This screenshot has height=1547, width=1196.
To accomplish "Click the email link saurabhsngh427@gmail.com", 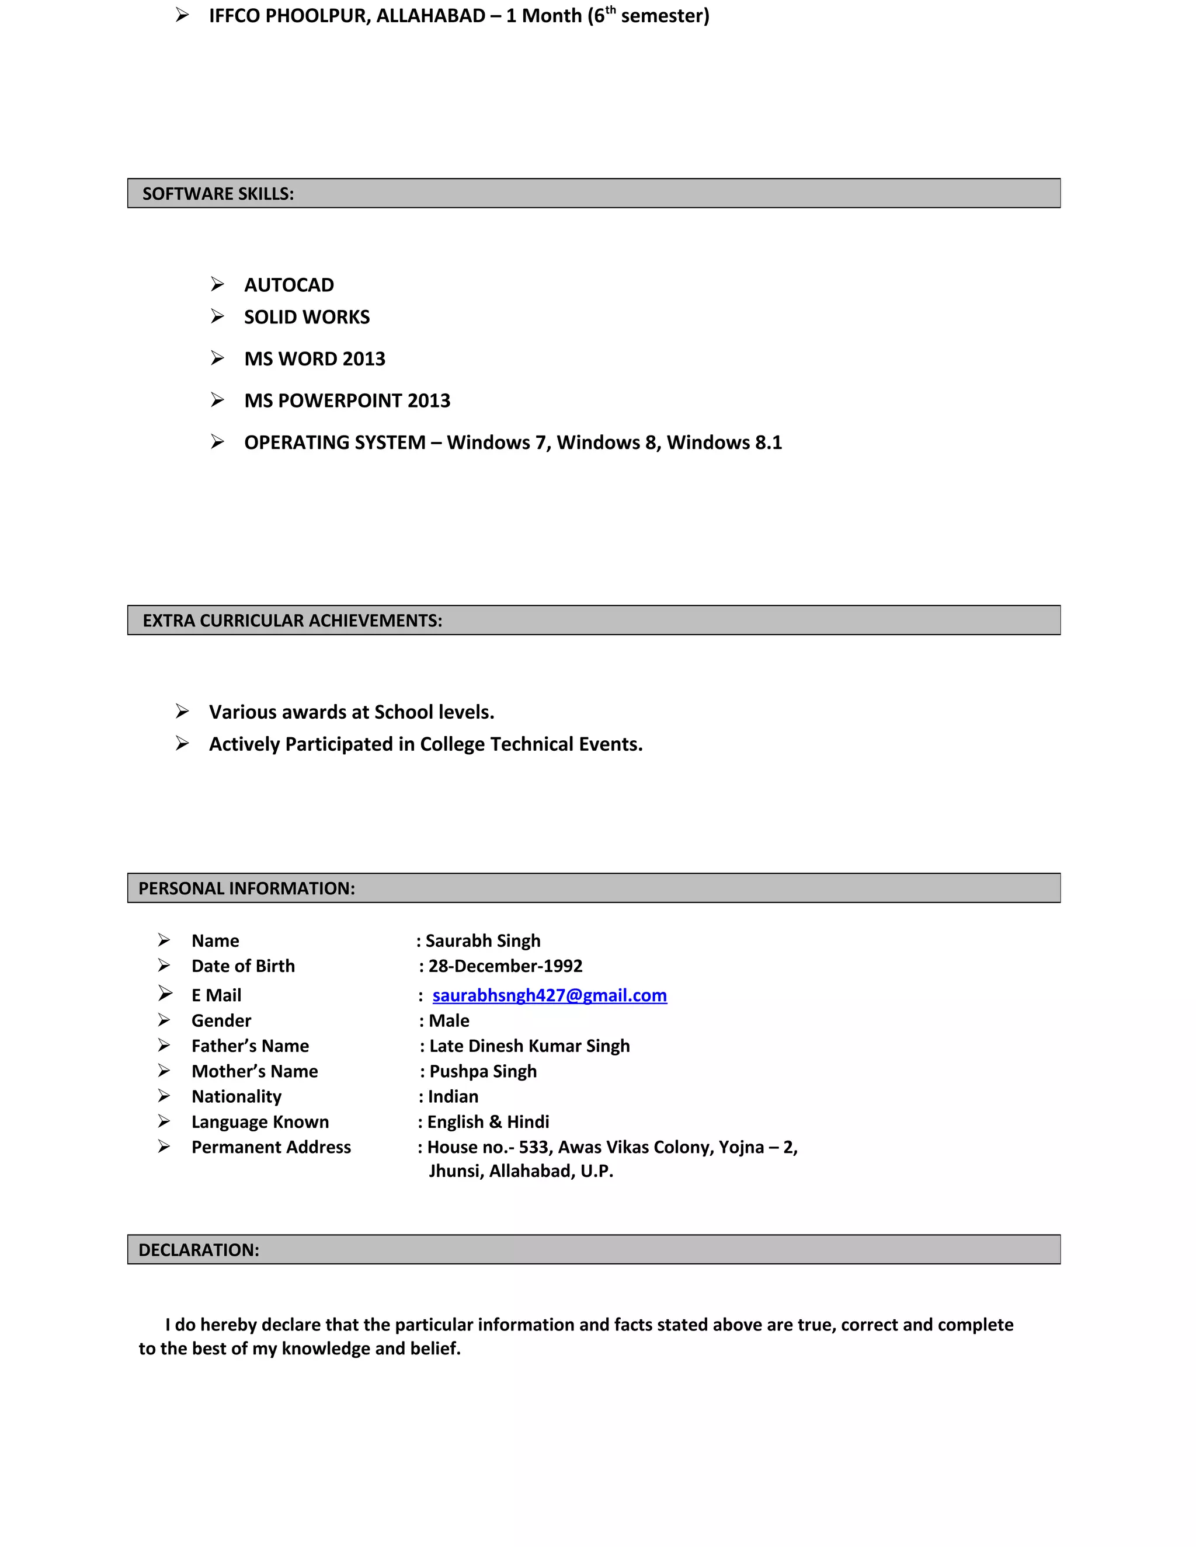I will tap(549, 995).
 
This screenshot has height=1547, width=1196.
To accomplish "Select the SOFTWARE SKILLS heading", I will tap(218, 194).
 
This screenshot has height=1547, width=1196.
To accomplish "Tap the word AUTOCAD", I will tap(289, 285).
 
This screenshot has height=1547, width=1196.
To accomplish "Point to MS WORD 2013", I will tap(315, 358).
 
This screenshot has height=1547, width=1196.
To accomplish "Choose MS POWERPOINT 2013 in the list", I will tap(347, 400).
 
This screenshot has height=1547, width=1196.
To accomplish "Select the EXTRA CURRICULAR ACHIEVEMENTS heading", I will tap(292, 621).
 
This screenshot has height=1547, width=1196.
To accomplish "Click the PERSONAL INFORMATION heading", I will tap(246, 889).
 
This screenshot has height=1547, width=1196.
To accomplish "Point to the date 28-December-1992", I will tap(505, 966).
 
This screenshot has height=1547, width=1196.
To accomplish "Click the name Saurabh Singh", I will tap(482, 940).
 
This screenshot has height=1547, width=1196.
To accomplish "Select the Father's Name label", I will tap(250, 1046).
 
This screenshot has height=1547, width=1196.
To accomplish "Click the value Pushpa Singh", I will tap(482, 1071).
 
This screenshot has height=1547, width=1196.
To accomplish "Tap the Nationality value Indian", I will tap(453, 1096).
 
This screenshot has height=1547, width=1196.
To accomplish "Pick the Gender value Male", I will tap(448, 1020).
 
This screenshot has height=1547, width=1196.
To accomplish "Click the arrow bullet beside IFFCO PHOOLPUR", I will tap(182, 15).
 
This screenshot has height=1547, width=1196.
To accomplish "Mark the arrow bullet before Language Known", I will tap(164, 1121).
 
